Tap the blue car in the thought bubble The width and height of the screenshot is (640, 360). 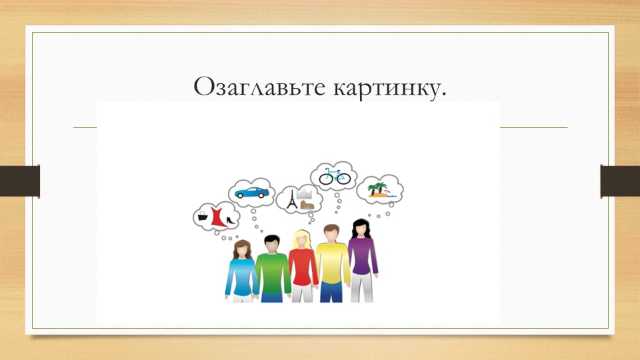[x=252, y=193]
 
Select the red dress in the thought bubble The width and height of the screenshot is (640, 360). [x=216, y=217]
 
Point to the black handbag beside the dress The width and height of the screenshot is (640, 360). [x=203, y=217]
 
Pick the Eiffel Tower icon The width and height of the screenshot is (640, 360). [x=291, y=199]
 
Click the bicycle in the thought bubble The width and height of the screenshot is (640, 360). [x=334, y=177]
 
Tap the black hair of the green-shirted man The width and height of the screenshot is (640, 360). [x=271, y=239]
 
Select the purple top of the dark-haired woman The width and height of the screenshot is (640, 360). [x=362, y=257]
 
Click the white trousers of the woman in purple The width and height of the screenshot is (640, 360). [x=363, y=288]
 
